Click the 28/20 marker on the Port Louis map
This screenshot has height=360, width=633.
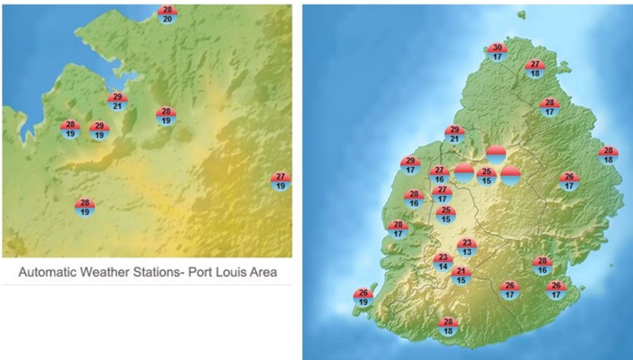coord(168,14)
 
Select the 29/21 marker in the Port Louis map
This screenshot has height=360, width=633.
coord(117,102)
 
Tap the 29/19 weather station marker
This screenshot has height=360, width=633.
coord(99,131)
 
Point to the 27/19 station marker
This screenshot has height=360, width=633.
coord(280,180)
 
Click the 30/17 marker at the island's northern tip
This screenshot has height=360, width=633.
coord(496,52)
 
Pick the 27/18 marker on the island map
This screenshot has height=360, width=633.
coord(535,69)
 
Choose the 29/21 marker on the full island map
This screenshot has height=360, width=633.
coord(454,134)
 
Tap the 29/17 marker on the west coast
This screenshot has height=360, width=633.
coord(410,165)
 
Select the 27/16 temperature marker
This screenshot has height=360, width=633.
coord(439,174)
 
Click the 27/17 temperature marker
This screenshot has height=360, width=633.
coord(443,194)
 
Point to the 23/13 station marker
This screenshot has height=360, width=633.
coord(466,247)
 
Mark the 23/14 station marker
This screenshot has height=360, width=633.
coord(443,261)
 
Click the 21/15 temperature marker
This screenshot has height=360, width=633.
coord(461,276)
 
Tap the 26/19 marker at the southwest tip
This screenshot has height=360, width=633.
coord(363,297)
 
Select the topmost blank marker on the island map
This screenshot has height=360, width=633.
coord(495,155)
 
